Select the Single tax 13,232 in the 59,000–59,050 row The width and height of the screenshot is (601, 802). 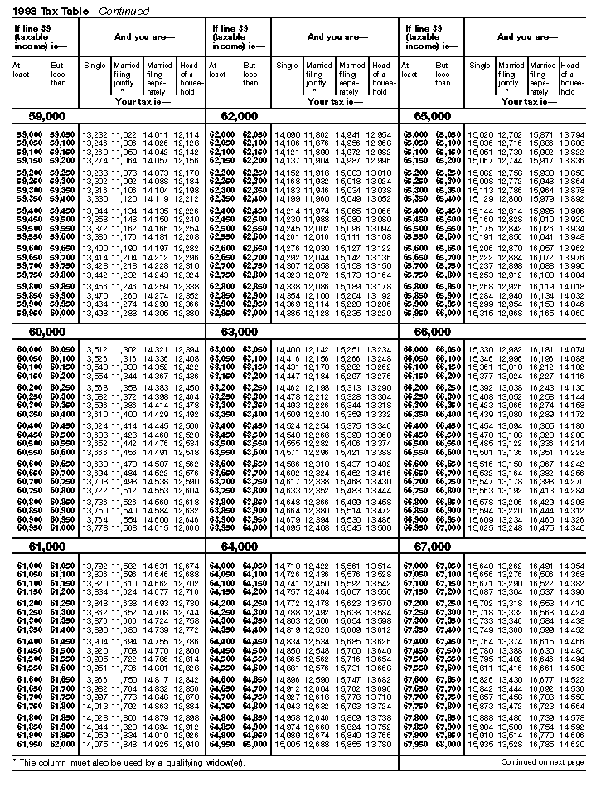tap(95, 134)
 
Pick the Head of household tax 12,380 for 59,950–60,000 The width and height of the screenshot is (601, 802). tap(187, 314)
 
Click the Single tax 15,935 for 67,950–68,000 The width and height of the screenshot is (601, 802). tap(481, 745)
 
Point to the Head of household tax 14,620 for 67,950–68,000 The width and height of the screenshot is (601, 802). tap(571, 745)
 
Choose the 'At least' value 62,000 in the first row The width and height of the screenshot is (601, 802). tap(221, 134)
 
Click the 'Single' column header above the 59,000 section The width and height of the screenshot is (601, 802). tap(95, 66)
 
